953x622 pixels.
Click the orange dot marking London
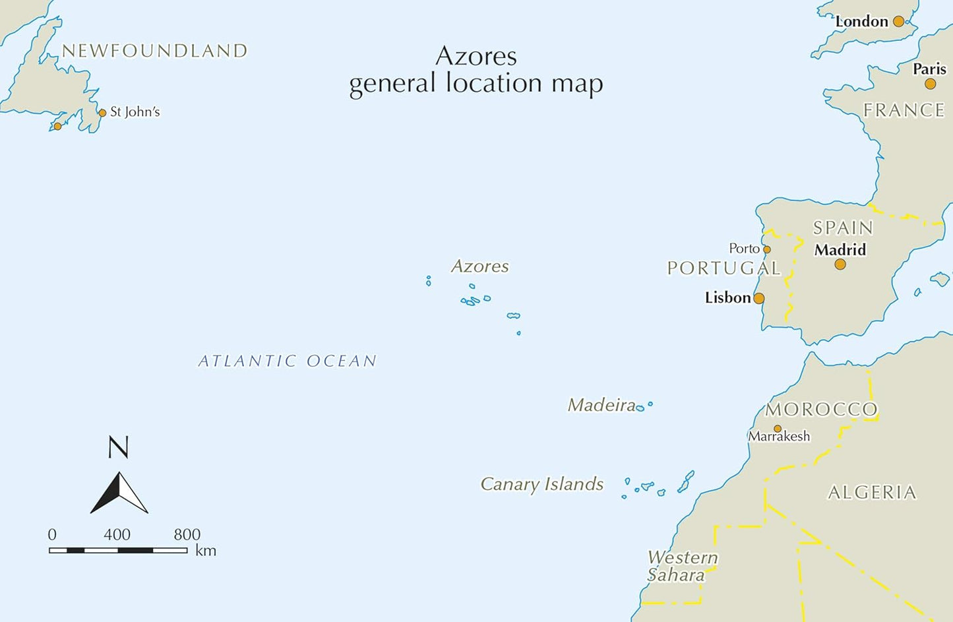tap(898, 22)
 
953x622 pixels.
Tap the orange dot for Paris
tap(930, 84)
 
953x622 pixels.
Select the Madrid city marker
tap(840, 264)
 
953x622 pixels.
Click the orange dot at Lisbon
tap(759, 298)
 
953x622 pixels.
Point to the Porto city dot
tap(767, 249)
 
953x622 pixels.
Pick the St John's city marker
tap(102, 113)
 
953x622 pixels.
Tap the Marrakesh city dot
tap(778, 429)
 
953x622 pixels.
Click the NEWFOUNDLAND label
tap(154, 51)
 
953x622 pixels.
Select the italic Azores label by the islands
tap(479, 266)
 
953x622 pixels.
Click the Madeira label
tap(601, 405)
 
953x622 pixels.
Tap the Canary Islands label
tap(541, 484)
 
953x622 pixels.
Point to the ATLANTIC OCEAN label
tap(288, 361)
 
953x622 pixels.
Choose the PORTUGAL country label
tap(723, 268)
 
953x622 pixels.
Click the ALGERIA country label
tap(872, 493)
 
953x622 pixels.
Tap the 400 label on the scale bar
tap(117, 534)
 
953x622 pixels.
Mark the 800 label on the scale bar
tap(187, 534)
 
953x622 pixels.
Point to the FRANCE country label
tap(904, 110)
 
